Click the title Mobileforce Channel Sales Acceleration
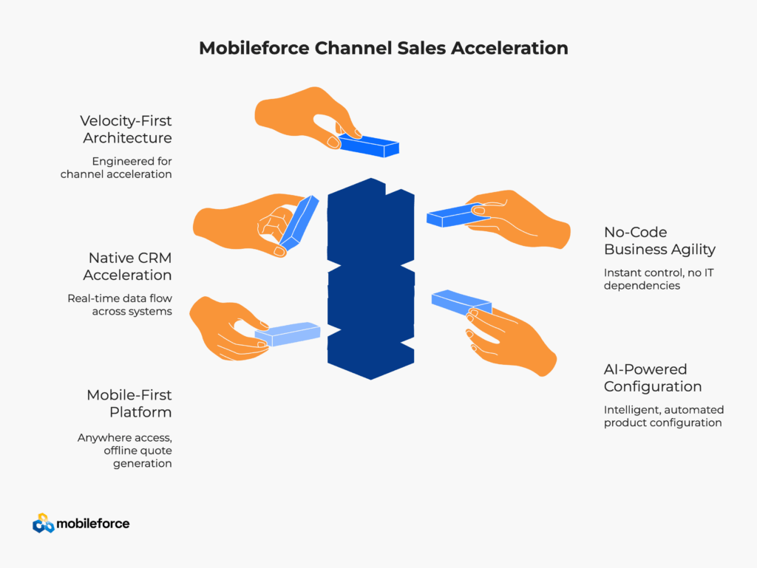tap(383, 49)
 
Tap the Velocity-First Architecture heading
tap(127, 129)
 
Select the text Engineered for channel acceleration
tap(116, 168)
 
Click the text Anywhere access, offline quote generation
tap(125, 451)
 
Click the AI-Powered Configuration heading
tap(653, 377)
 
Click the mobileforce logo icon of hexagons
tap(44, 524)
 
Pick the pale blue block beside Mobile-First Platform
tap(288, 334)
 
